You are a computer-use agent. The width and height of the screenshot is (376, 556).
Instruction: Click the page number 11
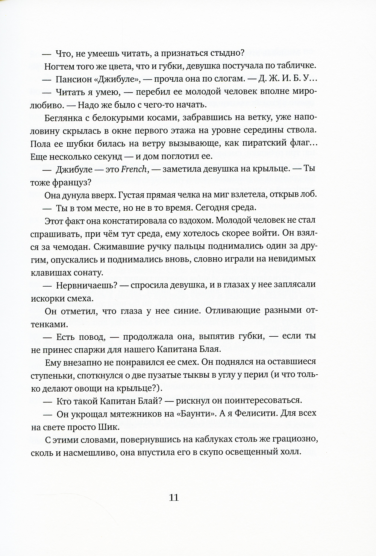point(174,498)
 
